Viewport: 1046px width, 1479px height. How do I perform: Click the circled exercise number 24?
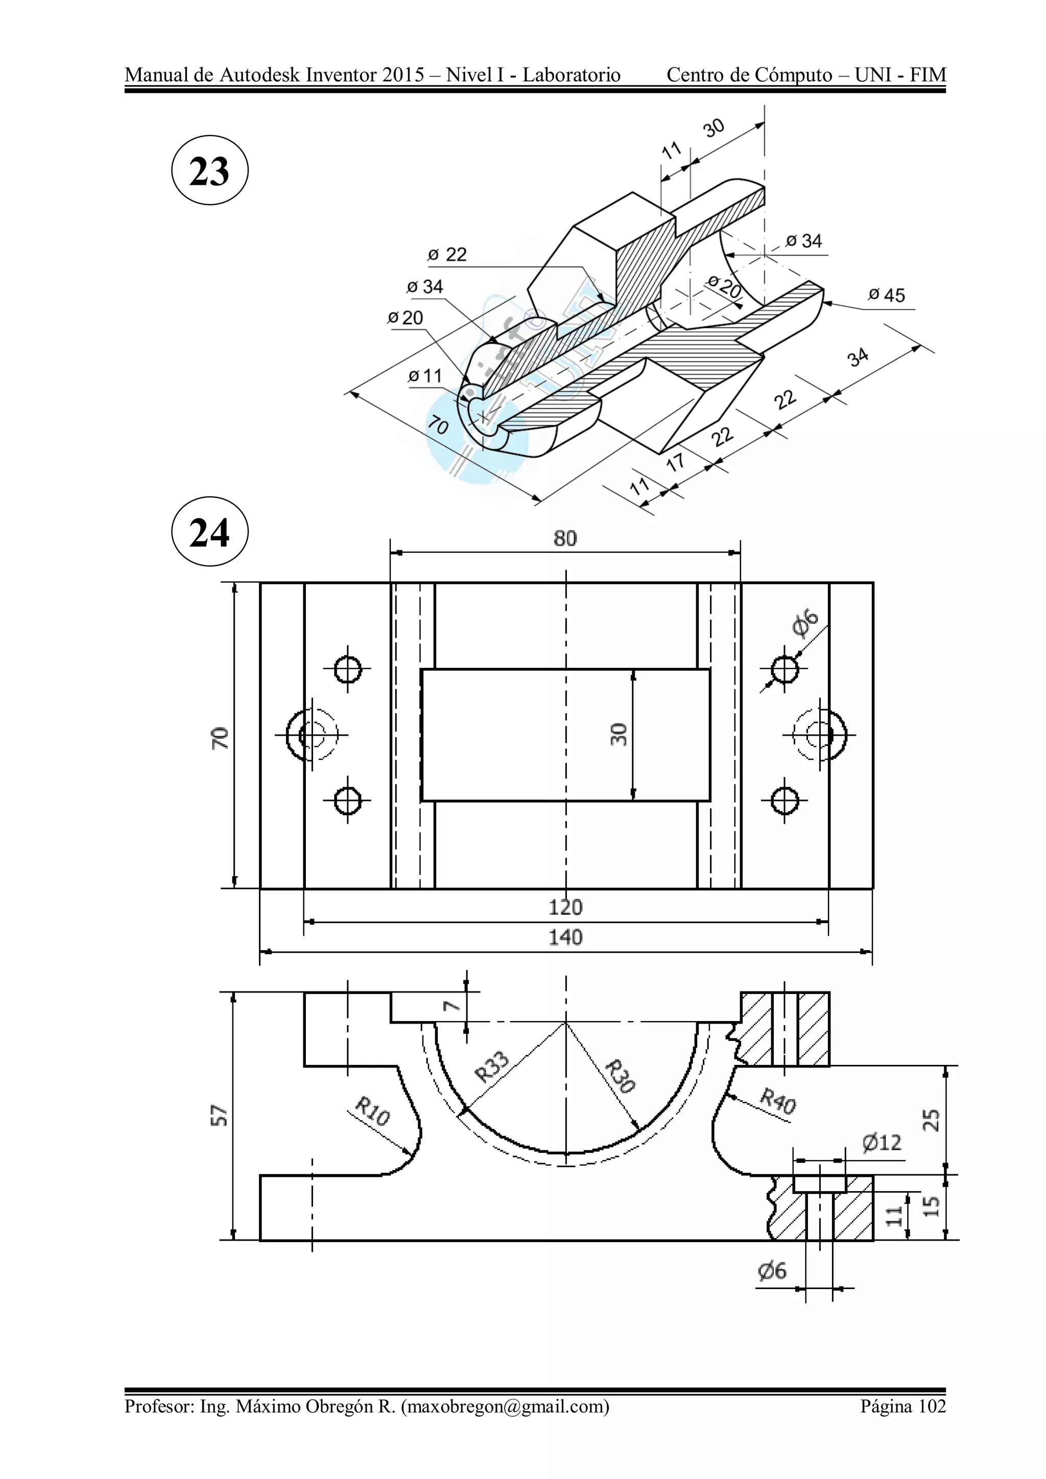(x=209, y=532)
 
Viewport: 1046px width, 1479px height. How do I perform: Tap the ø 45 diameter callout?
(x=886, y=296)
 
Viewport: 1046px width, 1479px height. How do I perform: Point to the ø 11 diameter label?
(x=425, y=376)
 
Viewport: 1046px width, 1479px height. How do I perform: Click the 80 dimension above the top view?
(x=565, y=539)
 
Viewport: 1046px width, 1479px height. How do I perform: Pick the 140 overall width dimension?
(x=565, y=937)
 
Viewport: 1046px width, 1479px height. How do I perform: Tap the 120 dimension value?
(x=565, y=908)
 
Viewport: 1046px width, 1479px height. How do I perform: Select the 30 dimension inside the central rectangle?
(x=618, y=734)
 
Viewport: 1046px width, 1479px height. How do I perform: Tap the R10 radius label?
(x=372, y=1112)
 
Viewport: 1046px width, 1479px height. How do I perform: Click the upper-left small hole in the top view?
(x=347, y=669)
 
